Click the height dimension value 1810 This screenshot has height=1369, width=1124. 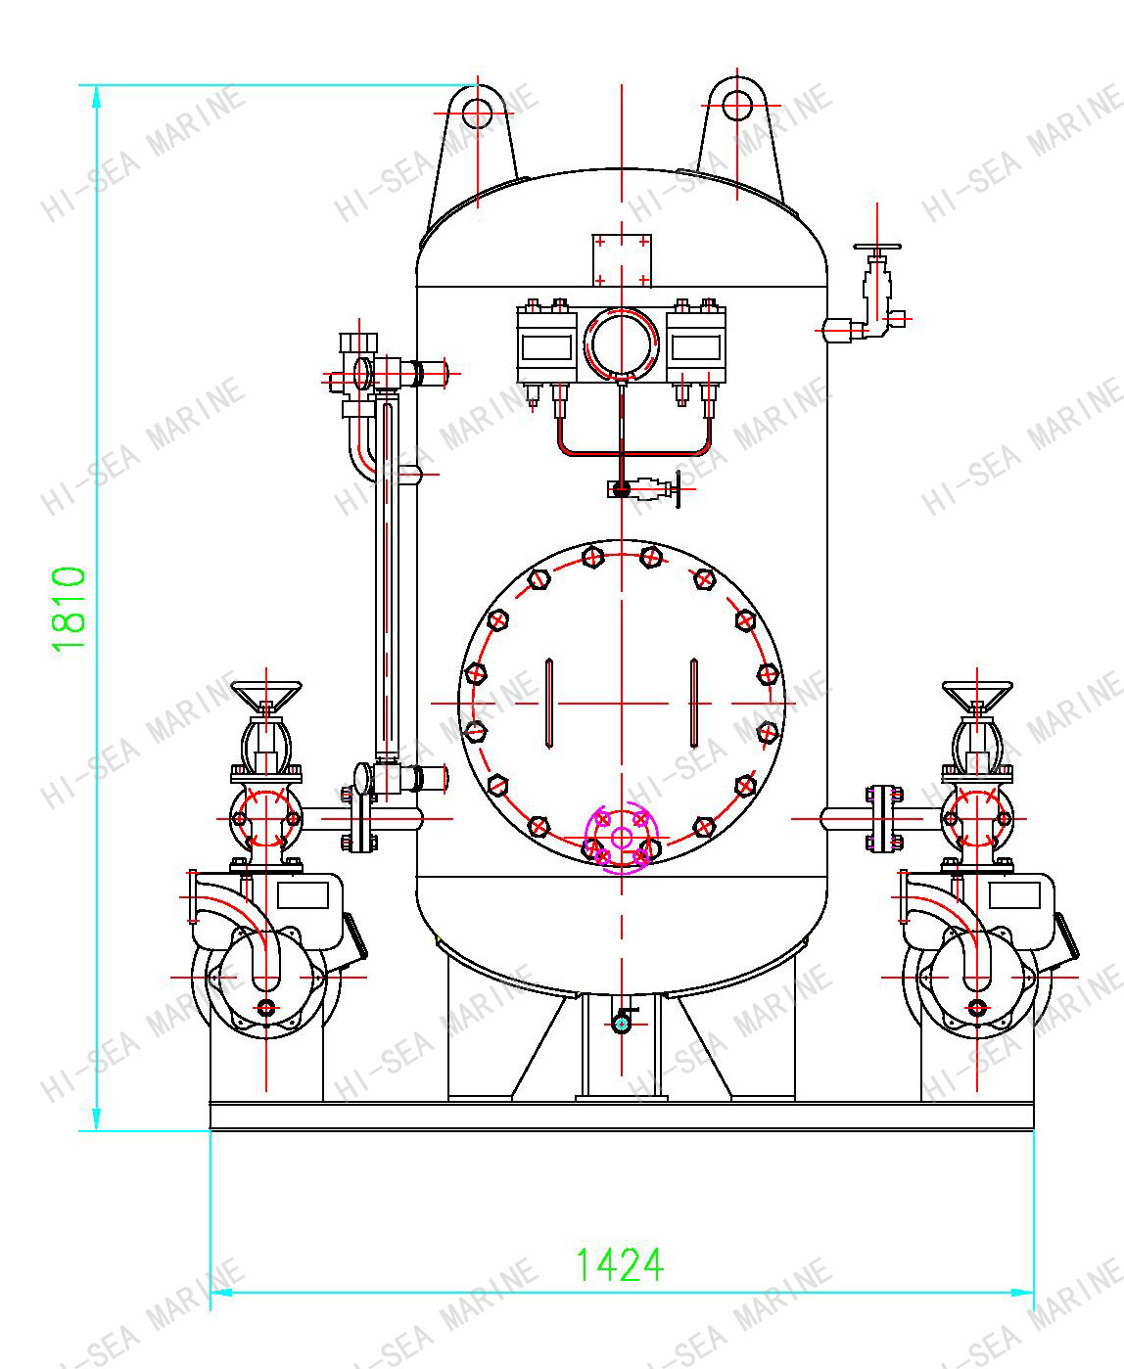(x=70, y=609)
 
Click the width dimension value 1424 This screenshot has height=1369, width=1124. (x=619, y=1264)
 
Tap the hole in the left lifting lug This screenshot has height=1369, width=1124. (x=477, y=114)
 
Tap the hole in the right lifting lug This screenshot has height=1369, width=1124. (x=737, y=106)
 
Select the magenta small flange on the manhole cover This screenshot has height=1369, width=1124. (x=622, y=839)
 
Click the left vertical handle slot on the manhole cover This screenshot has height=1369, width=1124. (x=548, y=703)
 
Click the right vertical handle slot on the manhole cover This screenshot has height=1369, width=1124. (x=694, y=703)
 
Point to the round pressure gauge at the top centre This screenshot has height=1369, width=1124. (x=622, y=344)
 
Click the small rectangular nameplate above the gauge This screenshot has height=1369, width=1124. (x=622, y=260)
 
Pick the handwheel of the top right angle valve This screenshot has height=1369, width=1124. (x=876, y=249)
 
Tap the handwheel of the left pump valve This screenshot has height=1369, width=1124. (x=266, y=695)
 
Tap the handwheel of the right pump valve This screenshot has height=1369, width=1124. (x=977, y=695)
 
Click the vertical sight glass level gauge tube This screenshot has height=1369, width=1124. (x=387, y=577)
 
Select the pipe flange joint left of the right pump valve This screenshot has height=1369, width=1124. (x=883, y=817)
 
